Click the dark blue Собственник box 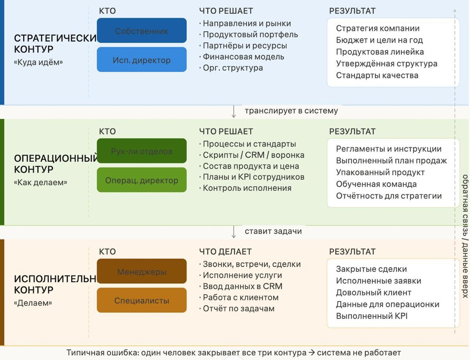pyautogui.click(x=142, y=31)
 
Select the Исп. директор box pyautogui.click(x=142, y=60)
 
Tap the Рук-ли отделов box pyautogui.click(x=142, y=151)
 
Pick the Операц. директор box pyautogui.click(x=142, y=180)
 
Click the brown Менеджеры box pyautogui.click(x=142, y=271)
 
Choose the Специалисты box pyautogui.click(x=142, y=300)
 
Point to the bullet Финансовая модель pyautogui.click(x=243, y=57)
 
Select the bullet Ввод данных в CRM pyautogui.click(x=242, y=286)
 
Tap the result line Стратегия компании pyautogui.click(x=378, y=28)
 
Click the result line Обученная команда pyautogui.click(x=376, y=184)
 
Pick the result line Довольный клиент pyautogui.click(x=374, y=293)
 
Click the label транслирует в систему pyautogui.click(x=291, y=111)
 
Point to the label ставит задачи pyautogui.click(x=273, y=231)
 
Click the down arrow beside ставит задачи pyautogui.click(x=234, y=232)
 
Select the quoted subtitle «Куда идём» pyautogui.click(x=38, y=62)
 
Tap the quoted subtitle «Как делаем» pyautogui.click(x=40, y=182)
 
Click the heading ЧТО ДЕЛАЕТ pyautogui.click(x=225, y=251)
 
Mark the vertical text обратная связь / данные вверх pyautogui.click(x=465, y=236)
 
